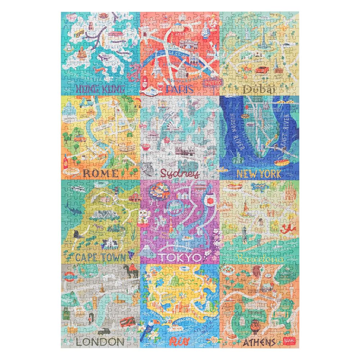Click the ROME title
click(x=100, y=173)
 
